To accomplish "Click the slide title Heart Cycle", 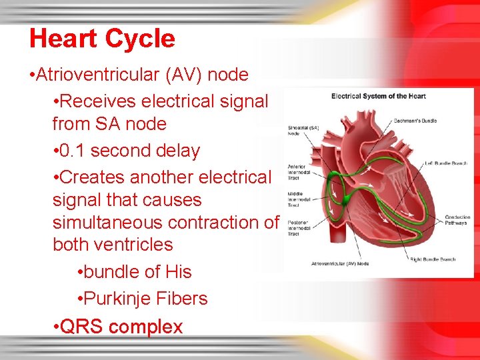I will tap(102, 39).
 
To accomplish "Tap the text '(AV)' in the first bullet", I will tap(186, 75).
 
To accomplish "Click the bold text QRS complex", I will tap(121, 327).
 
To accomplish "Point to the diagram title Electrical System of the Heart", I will tap(378, 97).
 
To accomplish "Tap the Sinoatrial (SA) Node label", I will tap(302, 129).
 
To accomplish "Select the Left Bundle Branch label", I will tap(448, 163).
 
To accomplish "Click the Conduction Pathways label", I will tap(457, 219).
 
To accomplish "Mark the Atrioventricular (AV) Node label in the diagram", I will tap(340, 264).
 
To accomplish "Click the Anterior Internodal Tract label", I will tap(297, 173).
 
